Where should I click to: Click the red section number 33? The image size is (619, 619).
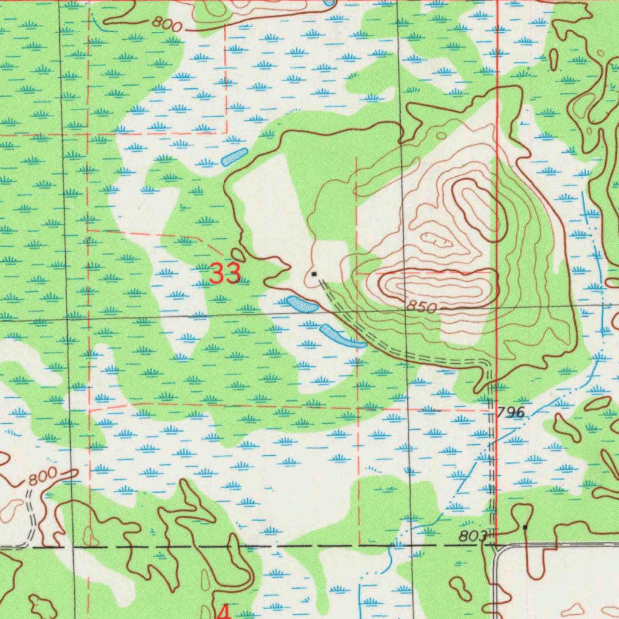point(226,274)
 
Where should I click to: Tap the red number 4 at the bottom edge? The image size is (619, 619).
point(223,612)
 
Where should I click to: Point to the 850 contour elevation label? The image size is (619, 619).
point(421,307)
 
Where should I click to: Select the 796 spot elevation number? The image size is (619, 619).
point(511,413)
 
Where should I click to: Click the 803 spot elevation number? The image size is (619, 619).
point(472,536)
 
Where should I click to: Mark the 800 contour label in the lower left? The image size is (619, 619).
point(42,477)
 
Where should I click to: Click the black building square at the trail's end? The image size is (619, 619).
point(314,274)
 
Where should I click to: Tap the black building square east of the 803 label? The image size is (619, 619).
point(525,528)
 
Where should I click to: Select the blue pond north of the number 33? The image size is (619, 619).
point(235,157)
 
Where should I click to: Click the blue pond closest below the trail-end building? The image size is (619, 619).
point(302,303)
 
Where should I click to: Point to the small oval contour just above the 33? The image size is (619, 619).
point(238,255)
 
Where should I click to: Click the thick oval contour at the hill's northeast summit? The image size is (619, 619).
point(478,209)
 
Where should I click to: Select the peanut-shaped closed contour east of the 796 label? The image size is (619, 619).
point(567,429)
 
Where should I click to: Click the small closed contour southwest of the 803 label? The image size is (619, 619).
point(459,585)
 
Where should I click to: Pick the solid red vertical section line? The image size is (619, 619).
point(496,181)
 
